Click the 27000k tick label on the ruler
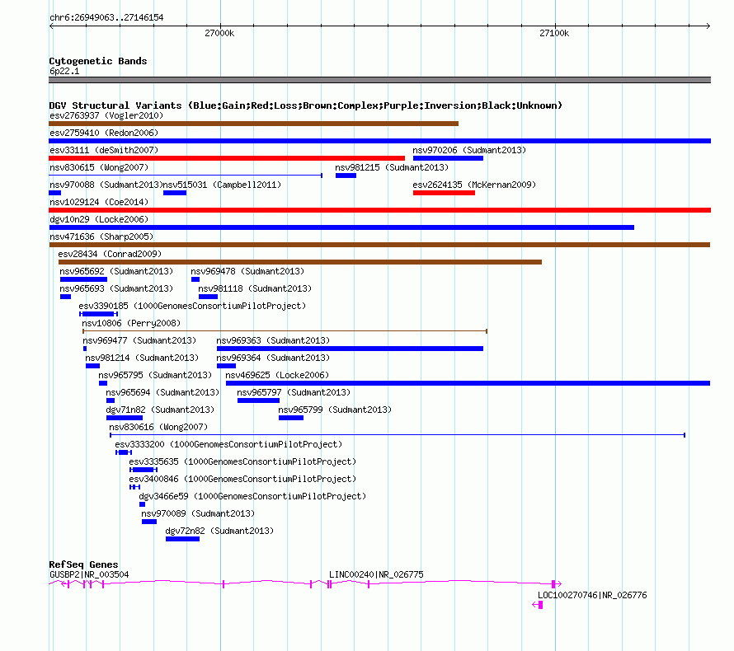click(x=219, y=33)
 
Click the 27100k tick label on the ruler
click(x=554, y=33)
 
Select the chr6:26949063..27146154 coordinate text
click(x=106, y=18)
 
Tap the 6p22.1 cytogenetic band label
click(x=64, y=71)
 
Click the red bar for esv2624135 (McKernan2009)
click(x=444, y=193)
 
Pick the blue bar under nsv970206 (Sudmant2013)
click(x=448, y=158)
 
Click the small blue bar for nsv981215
click(x=346, y=176)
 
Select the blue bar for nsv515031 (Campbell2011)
click(x=175, y=193)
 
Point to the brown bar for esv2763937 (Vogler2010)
click(x=254, y=124)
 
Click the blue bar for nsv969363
click(x=350, y=349)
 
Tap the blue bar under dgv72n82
click(x=182, y=539)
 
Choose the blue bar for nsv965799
click(x=291, y=418)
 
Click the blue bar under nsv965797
click(x=258, y=400)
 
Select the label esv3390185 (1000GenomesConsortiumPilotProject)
click(x=192, y=306)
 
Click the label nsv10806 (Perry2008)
click(x=131, y=323)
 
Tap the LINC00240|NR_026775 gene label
click(x=376, y=574)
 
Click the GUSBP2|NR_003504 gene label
click(x=89, y=574)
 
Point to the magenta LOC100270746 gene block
click(x=540, y=605)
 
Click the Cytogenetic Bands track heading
click(x=98, y=61)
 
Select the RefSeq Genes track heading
click(x=83, y=564)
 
